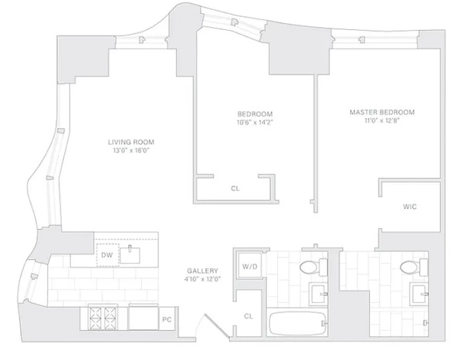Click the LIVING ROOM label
pos(132,142)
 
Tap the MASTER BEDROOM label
pos(381,113)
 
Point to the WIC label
pos(410,207)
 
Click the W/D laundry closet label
pos(249,267)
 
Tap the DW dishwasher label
pos(107,255)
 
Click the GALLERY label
pos(202,271)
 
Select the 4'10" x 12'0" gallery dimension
pos(202,280)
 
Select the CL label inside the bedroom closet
pos(235,188)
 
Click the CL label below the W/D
pos(248,316)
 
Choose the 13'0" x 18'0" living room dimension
pos(132,151)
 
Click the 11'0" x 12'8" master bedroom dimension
pos(381,122)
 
